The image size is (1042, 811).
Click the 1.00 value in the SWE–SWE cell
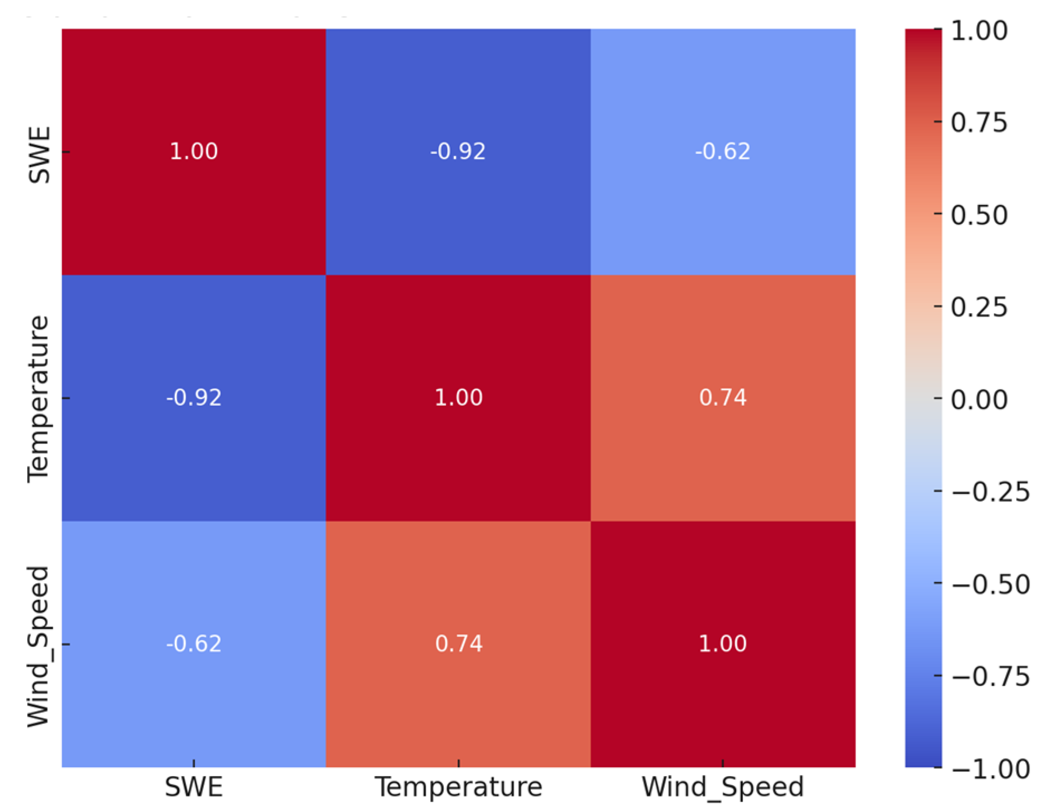(194, 151)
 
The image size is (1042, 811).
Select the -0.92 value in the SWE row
(458, 151)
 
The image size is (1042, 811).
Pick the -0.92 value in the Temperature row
(194, 398)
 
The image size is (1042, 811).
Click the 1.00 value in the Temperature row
(458, 398)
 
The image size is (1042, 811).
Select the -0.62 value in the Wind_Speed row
(194, 644)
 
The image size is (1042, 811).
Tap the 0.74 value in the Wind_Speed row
(458, 644)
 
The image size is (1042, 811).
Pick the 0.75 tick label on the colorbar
(979, 122)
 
